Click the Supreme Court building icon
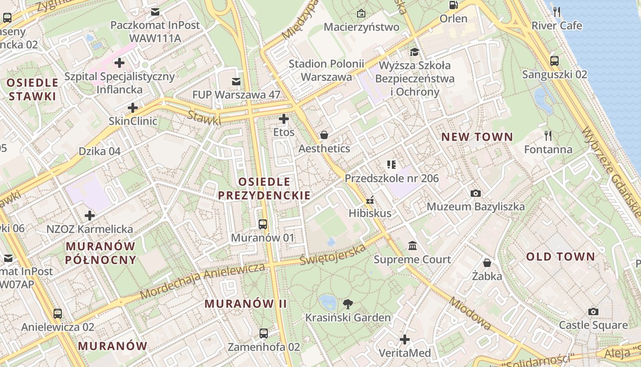tap(413, 246)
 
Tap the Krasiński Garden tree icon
tap(348, 304)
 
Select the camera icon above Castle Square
tap(593, 312)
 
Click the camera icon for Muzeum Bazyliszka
tap(476, 193)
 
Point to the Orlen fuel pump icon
tap(453, 5)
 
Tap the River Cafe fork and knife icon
tap(557, 12)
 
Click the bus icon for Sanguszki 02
tap(554, 61)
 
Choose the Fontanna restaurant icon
tap(548, 136)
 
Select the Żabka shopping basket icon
tap(487, 263)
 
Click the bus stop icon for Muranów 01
tap(263, 224)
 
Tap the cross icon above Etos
tap(284, 119)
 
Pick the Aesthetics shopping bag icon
tap(324, 135)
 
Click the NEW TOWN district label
tap(477, 137)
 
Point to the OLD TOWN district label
tap(560, 256)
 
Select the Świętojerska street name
tap(333, 254)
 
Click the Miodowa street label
tap(470, 314)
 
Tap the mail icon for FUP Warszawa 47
tap(236, 82)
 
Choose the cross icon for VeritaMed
tap(405, 339)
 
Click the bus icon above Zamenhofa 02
tap(264, 334)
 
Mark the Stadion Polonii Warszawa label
tap(326, 70)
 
